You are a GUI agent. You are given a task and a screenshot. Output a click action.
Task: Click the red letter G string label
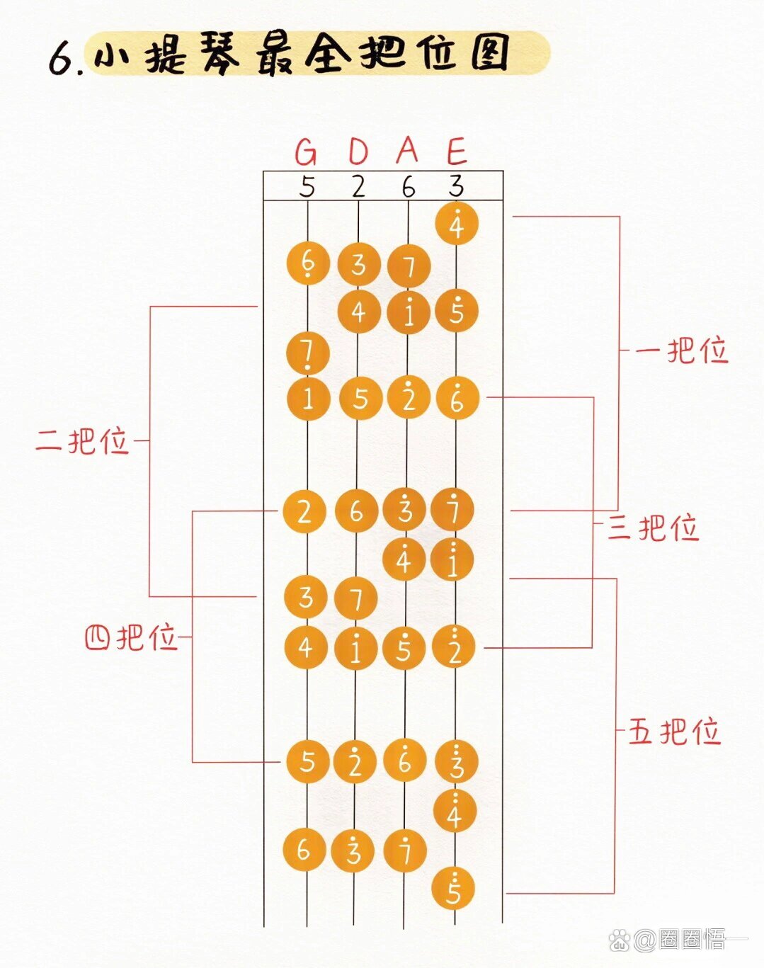pyautogui.click(x=306, y=152)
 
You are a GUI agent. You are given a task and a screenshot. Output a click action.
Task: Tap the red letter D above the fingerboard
pyautogui.click(x=358, y=152)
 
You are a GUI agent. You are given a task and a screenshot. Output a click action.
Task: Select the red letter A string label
pyautogui.click(x=407, y=149)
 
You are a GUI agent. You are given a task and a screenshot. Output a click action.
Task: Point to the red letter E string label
pyautogui.click(x=457, y=152)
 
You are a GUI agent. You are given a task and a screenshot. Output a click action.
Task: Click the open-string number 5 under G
pyautogui.click(x=307, y=187)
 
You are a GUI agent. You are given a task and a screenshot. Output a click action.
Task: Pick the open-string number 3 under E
pyautogui.click(x=456, y=186)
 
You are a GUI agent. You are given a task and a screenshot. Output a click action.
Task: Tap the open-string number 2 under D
pyautogui.click(x=358, y=187)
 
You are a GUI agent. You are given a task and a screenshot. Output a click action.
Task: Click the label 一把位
pyautogui.click(x=681, y=351)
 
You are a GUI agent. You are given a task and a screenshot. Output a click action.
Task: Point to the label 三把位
pyautogui.click(x=653, y=528)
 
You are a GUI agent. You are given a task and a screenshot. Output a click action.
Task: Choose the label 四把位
pyautogui.click(x=130, y=637)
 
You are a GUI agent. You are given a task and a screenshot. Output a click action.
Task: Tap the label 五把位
pyautogui.click(x=674, y=731)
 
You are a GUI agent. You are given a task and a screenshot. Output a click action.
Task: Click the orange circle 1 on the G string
pyautogui.click(x=308, y=399)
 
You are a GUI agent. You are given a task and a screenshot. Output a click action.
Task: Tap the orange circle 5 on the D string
pyautogui.click(x=360, y=399)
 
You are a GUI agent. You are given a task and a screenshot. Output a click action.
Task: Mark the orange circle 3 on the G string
pyautogui.click(x=305, y=597)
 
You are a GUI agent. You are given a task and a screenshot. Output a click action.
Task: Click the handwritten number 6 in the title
pyautogui.click(x=62, y=59)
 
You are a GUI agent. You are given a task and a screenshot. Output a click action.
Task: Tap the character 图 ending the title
pyautogui.click(x=491, y=52)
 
